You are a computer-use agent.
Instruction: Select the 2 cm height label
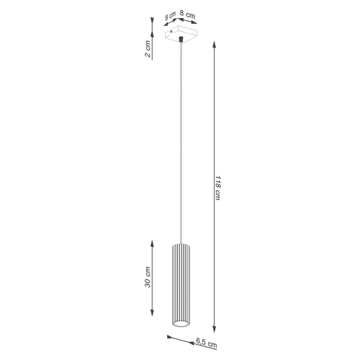147,49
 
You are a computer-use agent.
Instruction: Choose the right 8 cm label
186,14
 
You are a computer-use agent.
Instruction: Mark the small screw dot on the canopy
171,31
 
